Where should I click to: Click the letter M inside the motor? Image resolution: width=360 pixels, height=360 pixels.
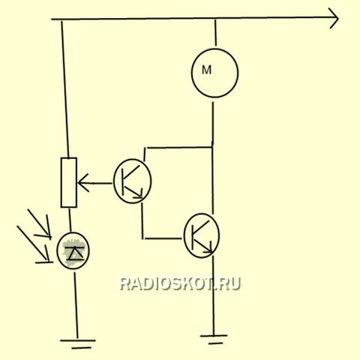pos(206,70)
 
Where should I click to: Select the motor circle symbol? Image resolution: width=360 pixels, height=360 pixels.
pos(191,73)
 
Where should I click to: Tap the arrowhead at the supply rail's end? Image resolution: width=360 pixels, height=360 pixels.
pos(334,18)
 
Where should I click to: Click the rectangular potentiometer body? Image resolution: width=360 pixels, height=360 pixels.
pos(69,182)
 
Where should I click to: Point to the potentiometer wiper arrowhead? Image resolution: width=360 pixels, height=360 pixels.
pos(82,183)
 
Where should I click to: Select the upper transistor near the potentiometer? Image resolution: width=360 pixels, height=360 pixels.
pos(133,181)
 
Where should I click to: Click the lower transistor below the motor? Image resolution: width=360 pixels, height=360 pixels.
pos(202,235)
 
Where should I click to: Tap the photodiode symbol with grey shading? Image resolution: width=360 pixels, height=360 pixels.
pos(73,250)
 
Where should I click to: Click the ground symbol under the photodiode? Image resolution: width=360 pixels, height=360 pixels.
pos(78,344)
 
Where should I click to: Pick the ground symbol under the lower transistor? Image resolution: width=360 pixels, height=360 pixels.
pos(214,339)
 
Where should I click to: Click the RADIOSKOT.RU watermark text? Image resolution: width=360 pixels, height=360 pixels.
pos(180,283)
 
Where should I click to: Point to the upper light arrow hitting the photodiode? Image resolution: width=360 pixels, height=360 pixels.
pos(39,223)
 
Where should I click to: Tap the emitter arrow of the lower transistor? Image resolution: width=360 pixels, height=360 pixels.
pos(205,247)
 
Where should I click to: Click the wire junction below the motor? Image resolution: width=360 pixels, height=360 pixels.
pos(212,147)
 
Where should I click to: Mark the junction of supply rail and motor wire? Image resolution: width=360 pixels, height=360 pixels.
pos(215,19)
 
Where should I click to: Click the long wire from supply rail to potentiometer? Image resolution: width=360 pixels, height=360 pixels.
pos(65,89)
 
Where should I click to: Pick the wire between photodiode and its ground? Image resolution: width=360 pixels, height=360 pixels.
pos(76,305)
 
